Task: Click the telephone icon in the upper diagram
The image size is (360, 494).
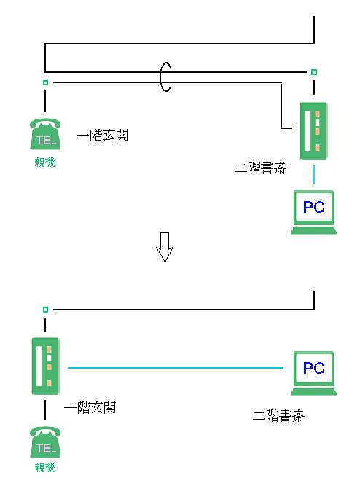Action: click(45, 134)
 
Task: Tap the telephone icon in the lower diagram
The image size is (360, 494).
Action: click(45, 442)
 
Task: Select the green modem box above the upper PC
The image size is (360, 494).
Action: click(313, 130)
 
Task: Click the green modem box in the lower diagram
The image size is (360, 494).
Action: click(45, 366)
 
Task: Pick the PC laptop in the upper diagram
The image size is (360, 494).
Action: click(313, 212)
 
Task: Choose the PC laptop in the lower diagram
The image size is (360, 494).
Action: click(313, 373)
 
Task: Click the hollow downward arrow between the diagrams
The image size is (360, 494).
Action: click(165, 247)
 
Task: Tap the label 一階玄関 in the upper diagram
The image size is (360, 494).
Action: click(103, 135)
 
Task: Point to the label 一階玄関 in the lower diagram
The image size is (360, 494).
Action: click(90, 408)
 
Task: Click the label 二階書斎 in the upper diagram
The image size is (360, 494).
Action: click(261, 168)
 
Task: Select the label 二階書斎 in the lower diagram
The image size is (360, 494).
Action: click(279, 416)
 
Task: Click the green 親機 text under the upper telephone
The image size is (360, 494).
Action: click(44, 162)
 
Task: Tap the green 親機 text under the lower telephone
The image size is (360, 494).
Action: click(44, 467)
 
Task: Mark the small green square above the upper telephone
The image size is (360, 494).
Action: click(45, 82)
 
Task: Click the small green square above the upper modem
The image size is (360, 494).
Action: click(314, 72)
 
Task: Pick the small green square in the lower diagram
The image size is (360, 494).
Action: click(45, 310)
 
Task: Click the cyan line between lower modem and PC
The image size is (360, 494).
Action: click(176, 368)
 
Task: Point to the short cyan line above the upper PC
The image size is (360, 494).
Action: click(314, 174)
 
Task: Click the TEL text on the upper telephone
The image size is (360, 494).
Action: click(47, 140)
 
